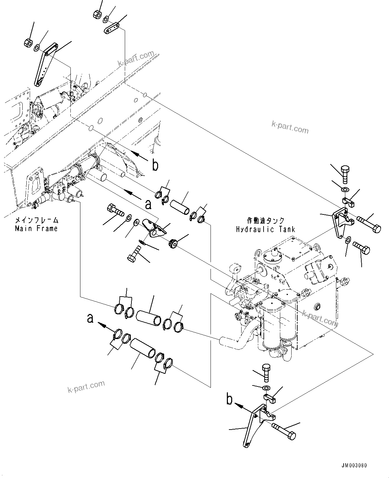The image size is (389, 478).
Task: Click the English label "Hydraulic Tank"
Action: point(266,229)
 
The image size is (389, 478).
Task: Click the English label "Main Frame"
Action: point(36,228)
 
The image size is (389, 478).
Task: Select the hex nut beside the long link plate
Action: point(28,43)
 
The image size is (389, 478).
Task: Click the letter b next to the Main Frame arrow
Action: point(155,165)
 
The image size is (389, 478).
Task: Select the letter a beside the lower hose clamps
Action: point(90,318)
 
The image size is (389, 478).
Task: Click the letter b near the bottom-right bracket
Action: point(230,400)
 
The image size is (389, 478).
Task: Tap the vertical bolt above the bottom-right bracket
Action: point(267,373)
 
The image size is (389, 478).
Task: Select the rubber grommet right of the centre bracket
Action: point(173,243)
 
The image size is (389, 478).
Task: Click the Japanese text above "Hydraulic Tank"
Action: point(266,221)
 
